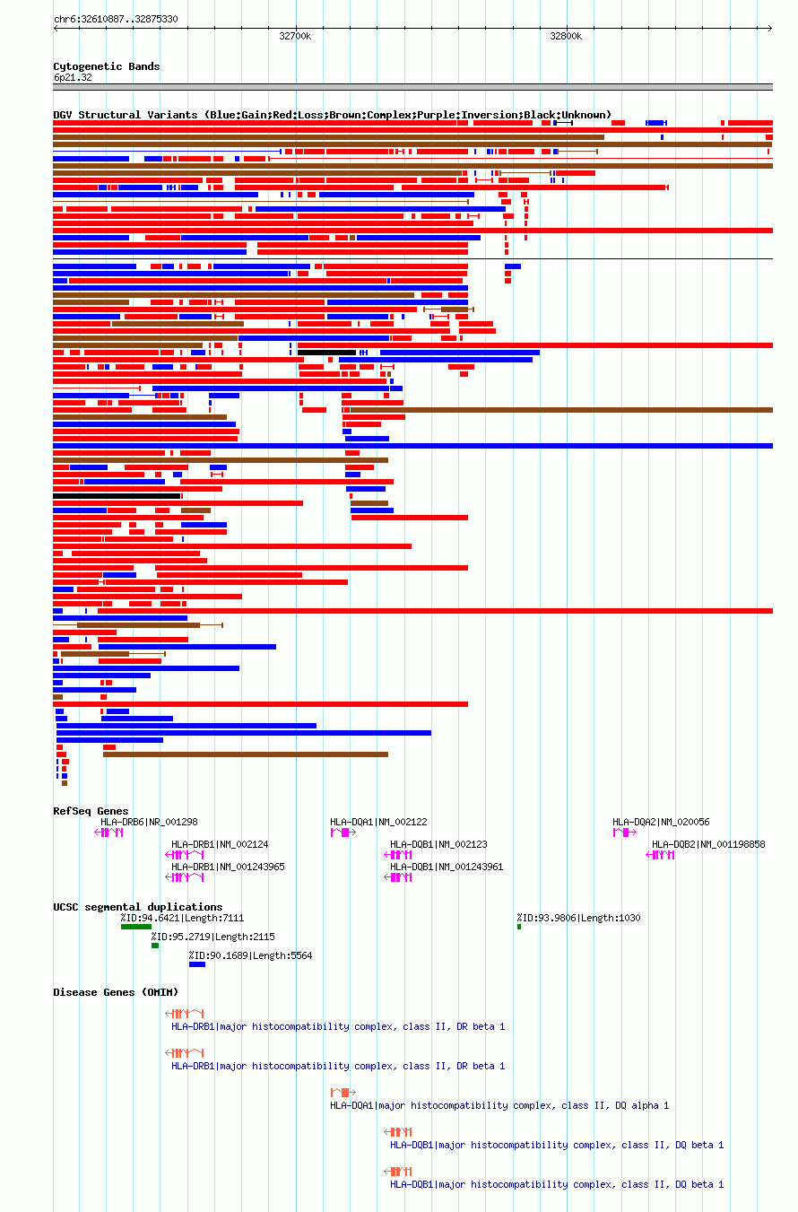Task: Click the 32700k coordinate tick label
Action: pyautogui.click(x=295, y=36)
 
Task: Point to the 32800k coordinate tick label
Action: pyautogui.click(x=566, y=36)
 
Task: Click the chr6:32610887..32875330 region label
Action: pyautogui.click(x=116, y=19)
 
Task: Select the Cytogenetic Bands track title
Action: pyautogui.click(x=107, y=66)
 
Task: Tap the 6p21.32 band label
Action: pyautogui.click(x=73, y=77)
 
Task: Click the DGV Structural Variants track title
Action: pyautogui.click(x=332, y=115)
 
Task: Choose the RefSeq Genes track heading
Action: pyautogui.click(x=91, y=811)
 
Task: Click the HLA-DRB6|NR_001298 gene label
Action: pyautogui.click(x=149, y=822)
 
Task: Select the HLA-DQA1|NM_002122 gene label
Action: pyautogui.click(x=378, y=822)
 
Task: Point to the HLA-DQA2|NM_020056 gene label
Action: pyautogui.click(x=661, y=822)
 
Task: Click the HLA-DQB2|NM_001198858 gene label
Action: pyautogui.click(x=708, y=844)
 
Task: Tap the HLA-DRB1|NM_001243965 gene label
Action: pyautogui.click(x=228, y=867)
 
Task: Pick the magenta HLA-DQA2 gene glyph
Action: pyautogui.click(x=624, y=833)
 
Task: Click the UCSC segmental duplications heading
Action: pyautogui.click(x=138, y=907)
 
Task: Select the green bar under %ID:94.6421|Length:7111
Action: pyautogui.click(x=136, y=927)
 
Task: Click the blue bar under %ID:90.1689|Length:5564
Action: pyautogui.click(x=196, y=964)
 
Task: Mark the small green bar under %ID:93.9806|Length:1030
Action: pyautogui.click(x=519, y=927)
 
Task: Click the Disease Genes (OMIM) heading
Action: pyautogui.click(x=116, y=992)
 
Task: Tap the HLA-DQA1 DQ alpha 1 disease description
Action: pyautogui.click(x=499, y=1105)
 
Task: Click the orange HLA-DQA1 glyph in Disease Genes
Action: pyautogui.click(x=343, y=1093)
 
